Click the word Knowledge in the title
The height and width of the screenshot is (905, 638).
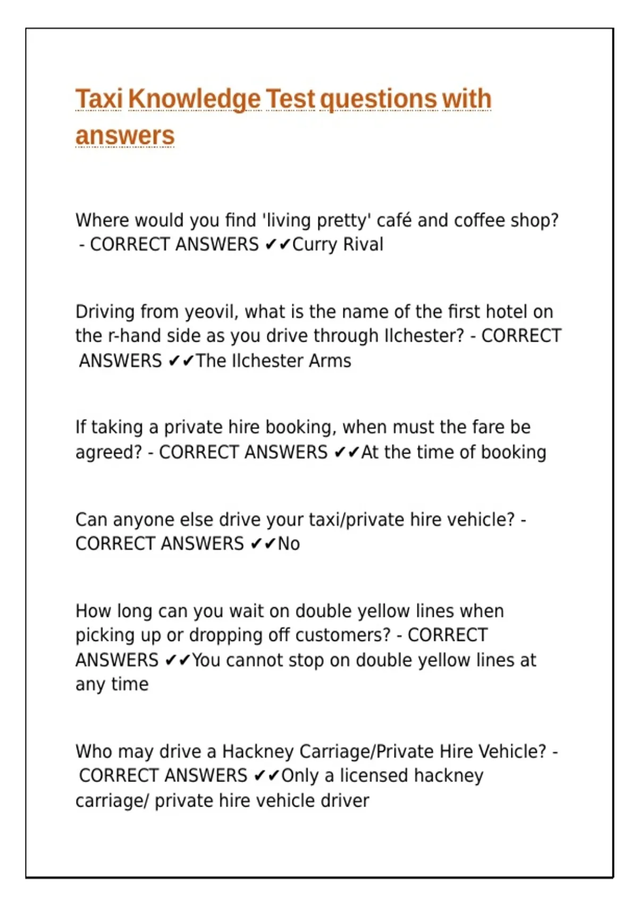(x=194, y=100)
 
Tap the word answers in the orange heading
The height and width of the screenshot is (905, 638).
(x=125, y=135)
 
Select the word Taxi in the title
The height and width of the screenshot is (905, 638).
(x=99, y=100)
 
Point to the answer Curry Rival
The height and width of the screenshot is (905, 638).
(x=338, y=244)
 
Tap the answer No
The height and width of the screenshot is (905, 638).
(x=289, y=544)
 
